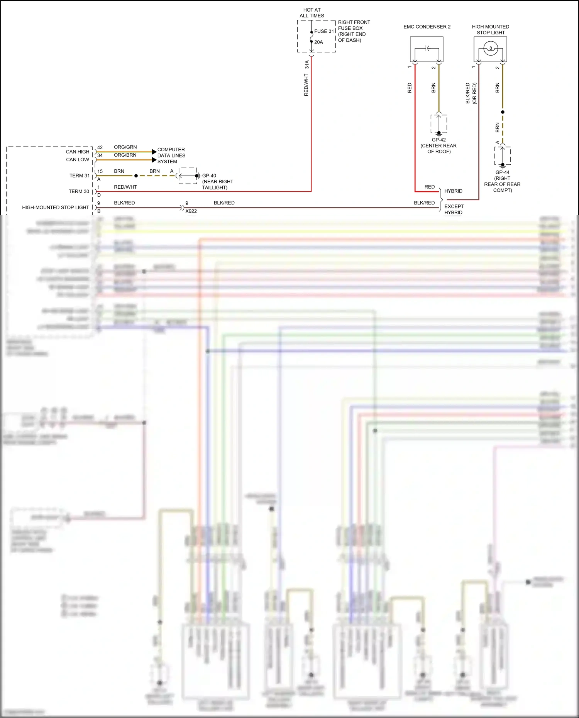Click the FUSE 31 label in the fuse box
pos(324,31)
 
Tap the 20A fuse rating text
pos(318,42)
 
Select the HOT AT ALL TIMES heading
pos(312,13)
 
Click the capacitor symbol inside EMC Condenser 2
pos(427,49)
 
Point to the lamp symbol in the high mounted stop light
pos(490,49)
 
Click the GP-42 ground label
pos(439,140)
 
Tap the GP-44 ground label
pos(502,172)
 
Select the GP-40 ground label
pos(209,176)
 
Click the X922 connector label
pos(191,211)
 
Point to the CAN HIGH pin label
pos(78,152)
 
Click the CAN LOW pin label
pos(78,159)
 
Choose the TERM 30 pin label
pos(79,191)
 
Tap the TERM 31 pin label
pos(80,176)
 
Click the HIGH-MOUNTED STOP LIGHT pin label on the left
pos(56,207)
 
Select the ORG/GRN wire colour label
pos(125,147)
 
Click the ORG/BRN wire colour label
pos(125,155)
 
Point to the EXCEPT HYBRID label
pos(454,209)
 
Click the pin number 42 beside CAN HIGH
pos(100,147)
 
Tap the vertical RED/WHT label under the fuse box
pos(306,85)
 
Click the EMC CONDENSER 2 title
pos(427,27)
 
